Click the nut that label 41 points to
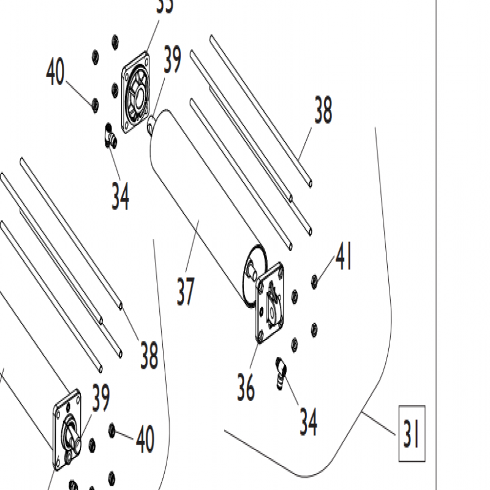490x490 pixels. click(314, 281)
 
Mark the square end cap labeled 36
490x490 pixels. click(270, 301)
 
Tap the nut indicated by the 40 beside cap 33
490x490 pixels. click(94, 105)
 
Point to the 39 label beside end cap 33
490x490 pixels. click(172, 59)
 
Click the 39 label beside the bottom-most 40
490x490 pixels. click(100, 398)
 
